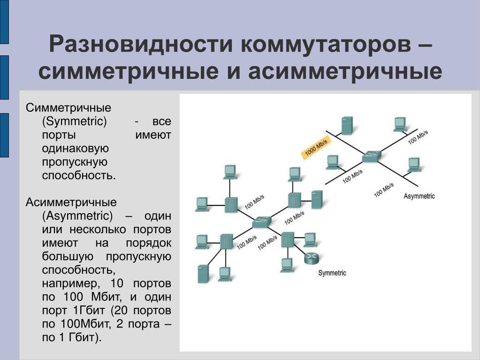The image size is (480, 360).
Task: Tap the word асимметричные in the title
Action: coord(344,71)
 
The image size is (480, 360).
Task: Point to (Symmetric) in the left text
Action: coord(74,122)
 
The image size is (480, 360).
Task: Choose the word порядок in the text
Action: coord(148,243)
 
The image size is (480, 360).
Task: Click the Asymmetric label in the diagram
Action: coord(419,196)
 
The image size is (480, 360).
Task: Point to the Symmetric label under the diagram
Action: coord(332,273)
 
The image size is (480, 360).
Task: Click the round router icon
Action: coord(311,258)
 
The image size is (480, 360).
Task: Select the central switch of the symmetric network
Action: coord(261,222)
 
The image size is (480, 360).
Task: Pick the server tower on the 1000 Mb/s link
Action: coord(348,125)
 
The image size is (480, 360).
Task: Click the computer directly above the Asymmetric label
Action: coord(413,165)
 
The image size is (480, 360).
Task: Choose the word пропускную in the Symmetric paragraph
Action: coord(75,162)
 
